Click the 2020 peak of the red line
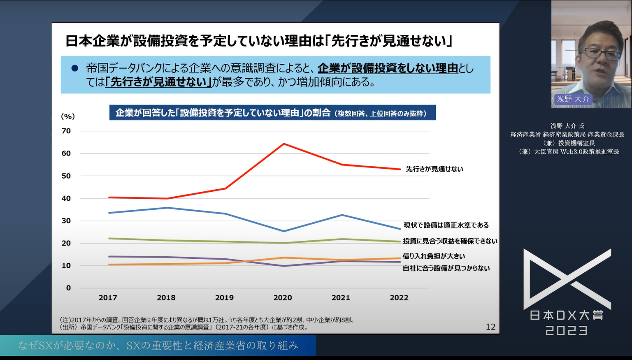point(283,144)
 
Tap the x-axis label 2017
point(108,297)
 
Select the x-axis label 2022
point(399,297)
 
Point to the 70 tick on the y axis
point(66,131)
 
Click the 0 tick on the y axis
point(68,288)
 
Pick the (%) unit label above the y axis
point(68,116)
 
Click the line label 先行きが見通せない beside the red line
point(434,169)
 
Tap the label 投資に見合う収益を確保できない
point(450,241)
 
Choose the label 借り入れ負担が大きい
point(434,256)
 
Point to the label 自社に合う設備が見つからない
point(446,268)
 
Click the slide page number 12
point(490,327)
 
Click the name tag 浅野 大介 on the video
point(573,99)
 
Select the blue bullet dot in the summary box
point(75,68)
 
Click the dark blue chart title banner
point(272,113)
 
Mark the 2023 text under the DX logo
point(567,330)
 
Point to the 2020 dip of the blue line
point(283,231)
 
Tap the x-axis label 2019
point(224,297)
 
